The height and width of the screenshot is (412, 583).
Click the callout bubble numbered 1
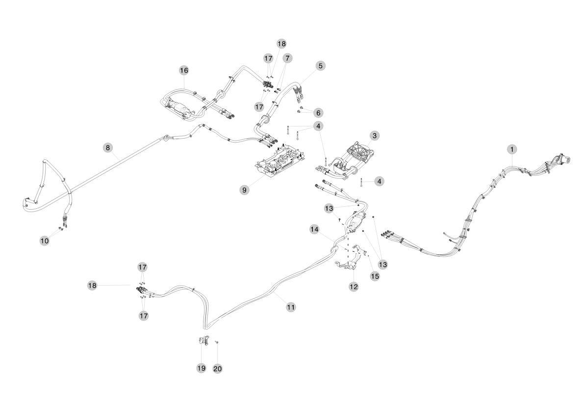tap(512, 148)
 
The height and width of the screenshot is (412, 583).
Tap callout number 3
tap(374, 135)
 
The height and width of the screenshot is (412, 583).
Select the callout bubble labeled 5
tap(320, 65)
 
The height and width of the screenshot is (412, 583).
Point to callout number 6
tap(319, 113)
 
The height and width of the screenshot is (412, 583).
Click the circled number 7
tap(287, 58)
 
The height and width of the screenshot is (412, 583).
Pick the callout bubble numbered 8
tap(107, 146)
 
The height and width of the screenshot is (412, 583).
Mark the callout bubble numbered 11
tap(291, 307)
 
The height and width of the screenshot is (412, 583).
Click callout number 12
tap(354, 287)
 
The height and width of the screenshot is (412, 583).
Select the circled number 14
tap(314, 229)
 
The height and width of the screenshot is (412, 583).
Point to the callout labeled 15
tap(375, 276)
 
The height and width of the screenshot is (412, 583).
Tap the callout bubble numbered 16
tap(183, 71)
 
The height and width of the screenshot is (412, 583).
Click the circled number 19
tap(201, 368)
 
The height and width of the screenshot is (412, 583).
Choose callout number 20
tap(217, 368)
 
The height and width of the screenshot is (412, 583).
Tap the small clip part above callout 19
tap(203, 340)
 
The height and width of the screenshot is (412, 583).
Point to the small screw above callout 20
tap(216, 342)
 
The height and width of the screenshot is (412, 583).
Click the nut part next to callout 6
tap(302, 108)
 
